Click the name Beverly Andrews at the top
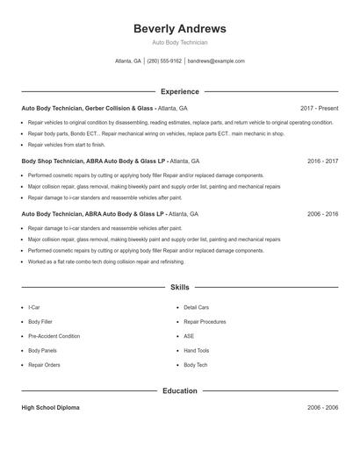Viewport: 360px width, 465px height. point(179,29)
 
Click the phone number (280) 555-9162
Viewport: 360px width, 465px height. point(164,61)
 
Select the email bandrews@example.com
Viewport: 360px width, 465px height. point(216,61)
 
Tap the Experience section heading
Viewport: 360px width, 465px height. point(179,91)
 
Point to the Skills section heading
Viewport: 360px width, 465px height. point(179,287)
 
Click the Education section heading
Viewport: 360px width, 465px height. point(179,390)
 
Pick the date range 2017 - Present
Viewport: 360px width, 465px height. point(319,109)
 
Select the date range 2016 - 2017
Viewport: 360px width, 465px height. point(322,161)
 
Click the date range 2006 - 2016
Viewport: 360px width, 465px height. point(322,214)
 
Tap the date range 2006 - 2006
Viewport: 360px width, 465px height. point(322,408)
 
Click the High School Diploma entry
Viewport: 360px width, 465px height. point(51,408)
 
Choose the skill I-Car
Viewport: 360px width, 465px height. point(34,307)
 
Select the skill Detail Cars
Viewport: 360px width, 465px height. point(196,307)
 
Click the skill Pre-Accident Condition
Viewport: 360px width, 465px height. point(54,336)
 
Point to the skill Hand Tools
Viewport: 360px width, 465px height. point(196,350)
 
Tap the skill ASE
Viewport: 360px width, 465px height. point(189,336)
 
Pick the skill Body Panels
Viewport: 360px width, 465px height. point(43,350)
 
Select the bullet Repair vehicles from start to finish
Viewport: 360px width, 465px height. point(66,144)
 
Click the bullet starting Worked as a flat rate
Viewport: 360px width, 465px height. point(105,261)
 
